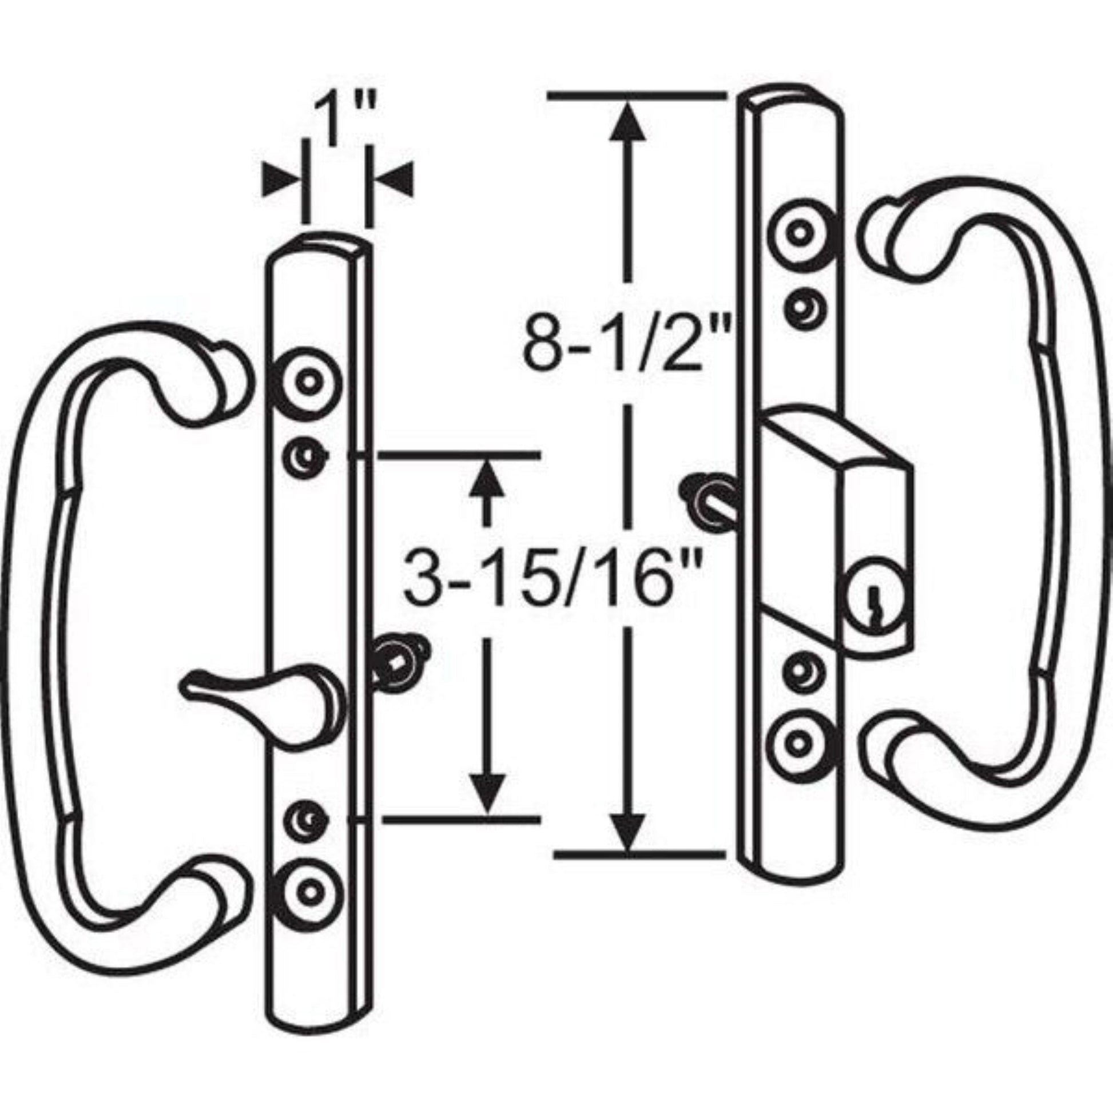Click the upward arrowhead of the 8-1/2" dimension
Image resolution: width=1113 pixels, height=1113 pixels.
pyautogui.click(x=627, y=124)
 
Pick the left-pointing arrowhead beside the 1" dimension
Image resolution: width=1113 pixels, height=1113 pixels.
pyautogui.click(x=397, y=180)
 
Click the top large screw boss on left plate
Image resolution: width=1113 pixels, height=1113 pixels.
pyautogui.click(x=309, y=382)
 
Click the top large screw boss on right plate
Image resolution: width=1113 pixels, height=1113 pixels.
pyautogui.click(x=800, y=233)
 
